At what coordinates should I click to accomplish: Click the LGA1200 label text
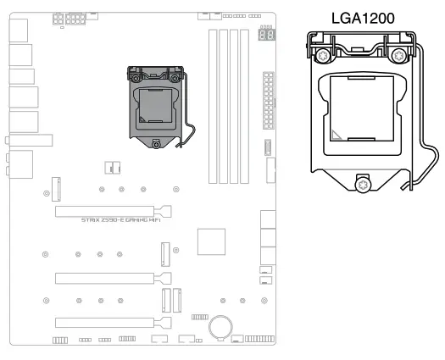click(x=364, y=16)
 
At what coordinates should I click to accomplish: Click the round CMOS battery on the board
click(x=223, y=325)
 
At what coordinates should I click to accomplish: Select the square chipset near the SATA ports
click(x=211, y=241)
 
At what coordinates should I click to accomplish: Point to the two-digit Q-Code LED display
click(x=265, y=36)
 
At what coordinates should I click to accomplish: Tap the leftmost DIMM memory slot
click(x=213, y=106)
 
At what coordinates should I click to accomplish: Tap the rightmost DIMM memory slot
click(x=247, y=106)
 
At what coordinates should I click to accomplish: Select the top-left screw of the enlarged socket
click(x=323, y=56)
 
